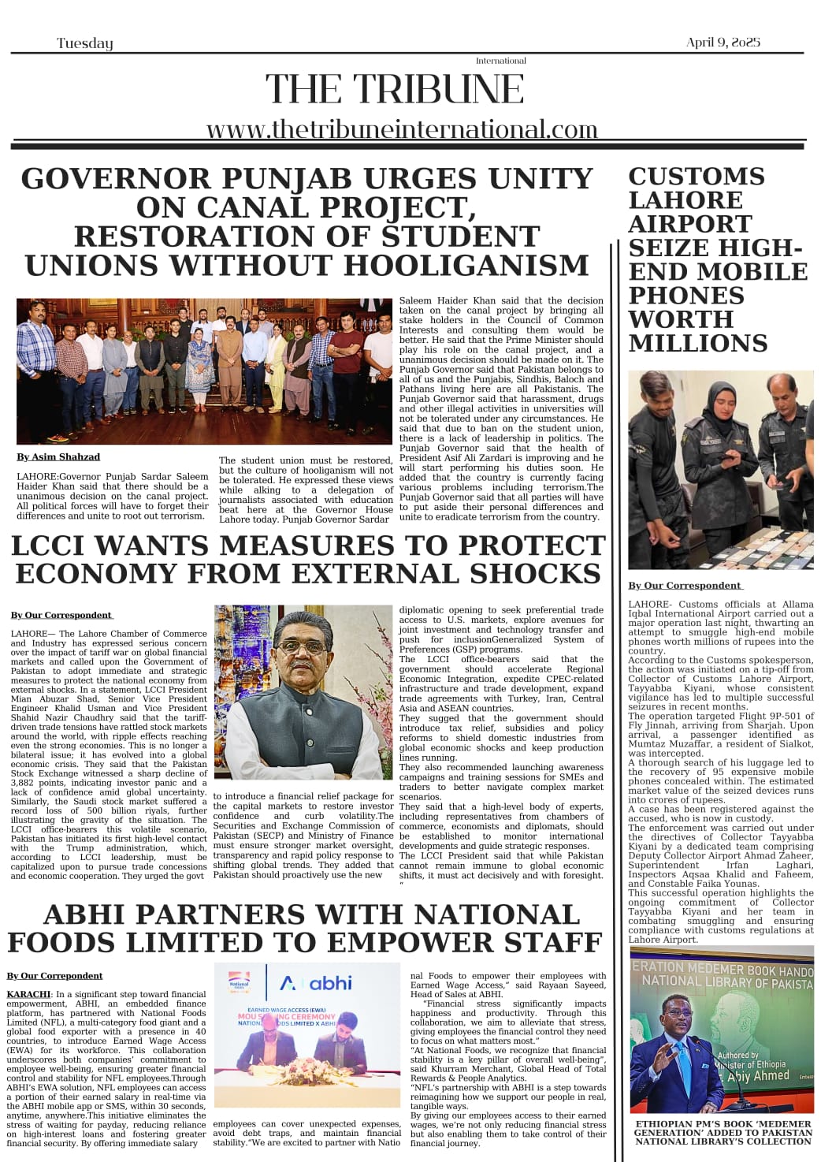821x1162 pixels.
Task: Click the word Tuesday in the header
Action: (x=85, y=43)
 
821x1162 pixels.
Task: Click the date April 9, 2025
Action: (x=723, y=43)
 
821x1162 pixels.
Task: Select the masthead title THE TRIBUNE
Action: (x=395, y=89)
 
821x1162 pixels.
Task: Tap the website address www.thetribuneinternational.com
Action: (x=402, y=128)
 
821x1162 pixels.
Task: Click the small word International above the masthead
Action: (x=500, y=61)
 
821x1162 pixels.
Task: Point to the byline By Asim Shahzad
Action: (x=58, y=456)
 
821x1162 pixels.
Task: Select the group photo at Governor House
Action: (x=204, y=371)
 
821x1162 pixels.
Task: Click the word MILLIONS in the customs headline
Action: (x=697, y=344)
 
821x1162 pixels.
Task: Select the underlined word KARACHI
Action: (x=29, y=994)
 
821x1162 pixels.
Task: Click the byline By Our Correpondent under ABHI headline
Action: (x=55, y=976)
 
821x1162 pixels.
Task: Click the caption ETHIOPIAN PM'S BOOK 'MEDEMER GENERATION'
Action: (x=723, y=1132)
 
